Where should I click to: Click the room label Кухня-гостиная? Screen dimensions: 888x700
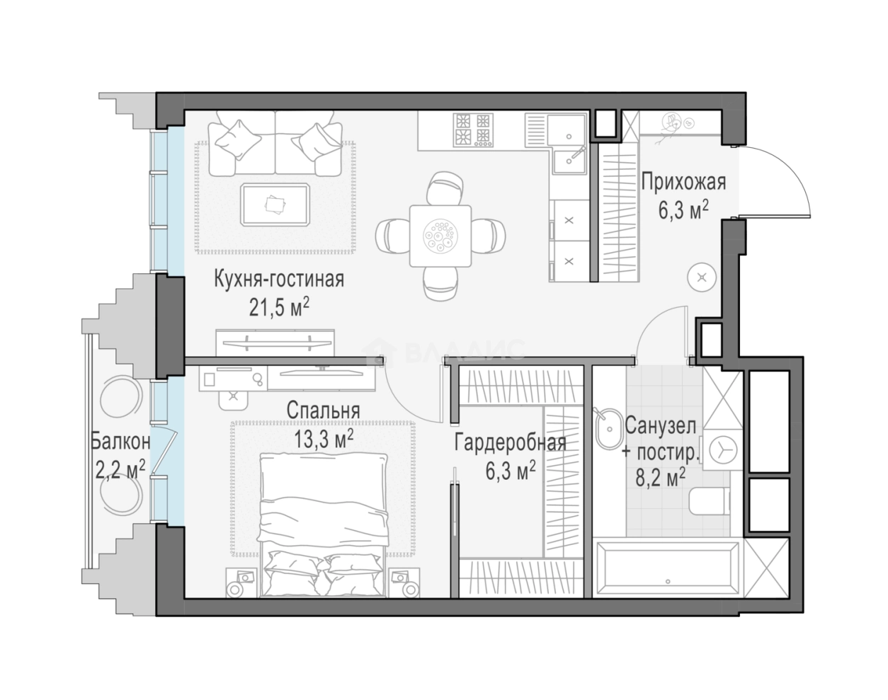pyautogui.click(x=279, y=280)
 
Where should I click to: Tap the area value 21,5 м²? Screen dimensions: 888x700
pyautogui.click(x=279, y=307)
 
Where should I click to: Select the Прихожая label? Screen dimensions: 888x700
pyautogui.click(x=683, y=182)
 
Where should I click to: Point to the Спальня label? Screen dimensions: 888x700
pyautogui.click(x=323, y=411)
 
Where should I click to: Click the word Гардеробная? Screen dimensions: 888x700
pyautogui.click(x=511, y=443)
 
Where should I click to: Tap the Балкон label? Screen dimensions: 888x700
pyautogui.click(x=120, y=442)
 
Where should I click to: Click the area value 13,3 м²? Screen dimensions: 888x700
pyautogui.click(x=324, y=439)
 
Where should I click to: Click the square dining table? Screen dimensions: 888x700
pyautogui.click(x=440, y=236)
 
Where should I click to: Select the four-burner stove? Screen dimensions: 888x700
pyautogui.click(x=473, y=130)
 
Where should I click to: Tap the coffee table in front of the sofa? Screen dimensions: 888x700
pyautogui.click(x=275, y=205)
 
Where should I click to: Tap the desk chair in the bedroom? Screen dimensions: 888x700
pyautogui.click(x=234, y=398)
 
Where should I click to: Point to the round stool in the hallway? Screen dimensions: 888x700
pyautogui.click(x=702, y=277)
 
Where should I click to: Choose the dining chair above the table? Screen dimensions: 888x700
pyautogui.click(x=445, y=188)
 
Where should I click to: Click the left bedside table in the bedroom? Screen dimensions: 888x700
pyautogui.click(x=241, y=582)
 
